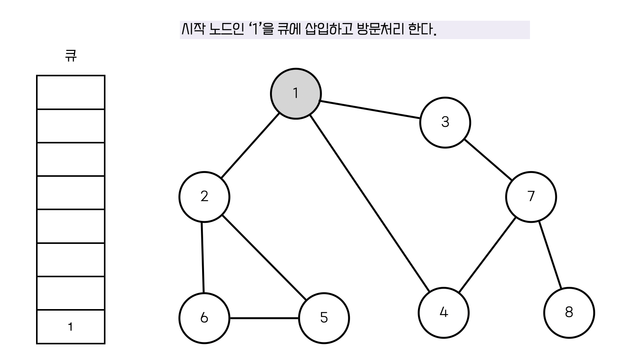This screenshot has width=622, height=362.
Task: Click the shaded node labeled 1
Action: pos(296,94)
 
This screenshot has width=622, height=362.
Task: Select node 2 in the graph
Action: pos(204,197)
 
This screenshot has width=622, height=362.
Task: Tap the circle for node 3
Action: pos(445,122)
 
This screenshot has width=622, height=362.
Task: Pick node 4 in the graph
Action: pos(443,313)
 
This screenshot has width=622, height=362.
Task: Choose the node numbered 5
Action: pos(324,318)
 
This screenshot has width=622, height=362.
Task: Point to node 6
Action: pos(204,318)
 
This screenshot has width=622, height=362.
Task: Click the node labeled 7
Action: pos(531,197)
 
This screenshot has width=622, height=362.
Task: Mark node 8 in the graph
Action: pos(569,313)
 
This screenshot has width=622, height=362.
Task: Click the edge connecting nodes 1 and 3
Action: pos(370,110)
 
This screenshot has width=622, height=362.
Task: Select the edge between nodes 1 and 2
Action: pos(250,146)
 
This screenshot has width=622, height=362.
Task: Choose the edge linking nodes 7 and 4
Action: pos(487,255)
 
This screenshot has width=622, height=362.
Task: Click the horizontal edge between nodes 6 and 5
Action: pos(264,318)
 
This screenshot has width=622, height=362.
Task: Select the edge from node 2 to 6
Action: pos(202,257)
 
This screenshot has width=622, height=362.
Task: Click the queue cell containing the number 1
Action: pos(71,327)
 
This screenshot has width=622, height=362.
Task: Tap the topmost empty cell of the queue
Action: pos(71,92)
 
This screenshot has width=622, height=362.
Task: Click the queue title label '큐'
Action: pos(71,56)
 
